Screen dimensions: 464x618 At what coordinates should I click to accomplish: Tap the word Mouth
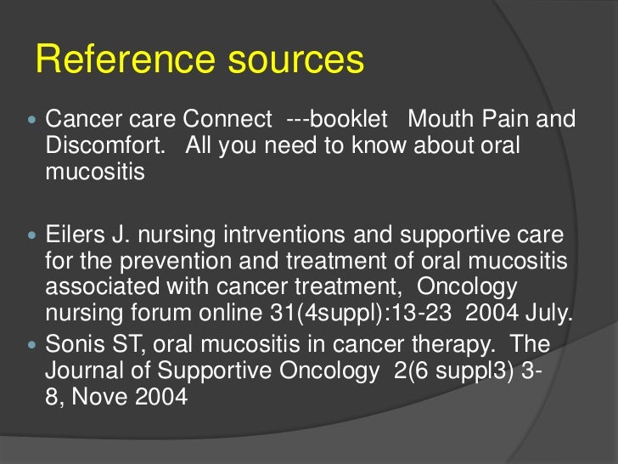click(x=440, y=119)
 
